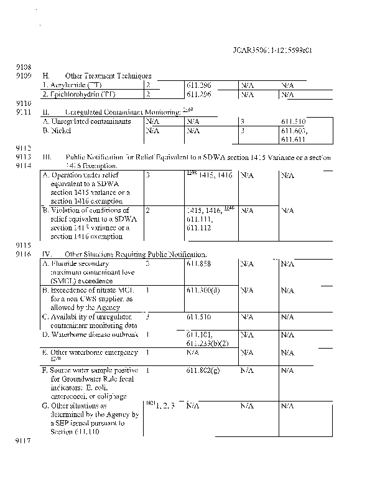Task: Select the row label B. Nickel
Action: click(x=57, y=131)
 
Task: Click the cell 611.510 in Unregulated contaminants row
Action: click(x=293, y=121)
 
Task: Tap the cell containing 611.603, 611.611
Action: click(x=294, y=136)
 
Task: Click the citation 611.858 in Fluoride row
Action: click(x=198, y=264)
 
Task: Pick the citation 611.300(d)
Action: click(x=202, y=291)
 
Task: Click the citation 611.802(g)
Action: click(x=202, y=371)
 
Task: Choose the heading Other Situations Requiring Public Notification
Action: click(x=136, y=255)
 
